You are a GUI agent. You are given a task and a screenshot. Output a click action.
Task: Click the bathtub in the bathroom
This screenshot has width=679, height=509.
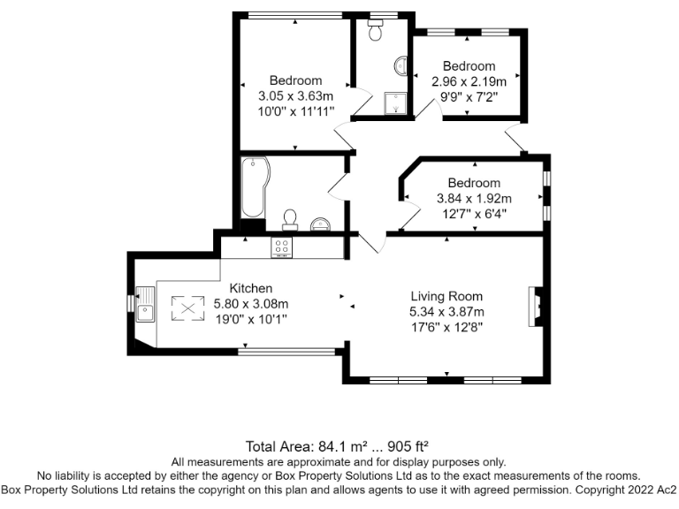(253, 187)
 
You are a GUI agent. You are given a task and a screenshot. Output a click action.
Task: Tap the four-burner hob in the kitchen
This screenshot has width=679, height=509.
(283, 248)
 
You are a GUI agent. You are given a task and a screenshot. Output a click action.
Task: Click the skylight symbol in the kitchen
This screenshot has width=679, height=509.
(187, 308)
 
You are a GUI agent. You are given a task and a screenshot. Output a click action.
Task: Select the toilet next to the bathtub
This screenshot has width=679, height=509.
(289, 219)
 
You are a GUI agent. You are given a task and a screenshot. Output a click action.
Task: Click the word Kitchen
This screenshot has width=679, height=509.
(251, 288)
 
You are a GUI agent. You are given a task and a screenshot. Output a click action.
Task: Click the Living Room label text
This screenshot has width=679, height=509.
(446, 296)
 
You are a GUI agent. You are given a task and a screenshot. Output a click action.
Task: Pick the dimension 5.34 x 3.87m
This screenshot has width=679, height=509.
(446, 312)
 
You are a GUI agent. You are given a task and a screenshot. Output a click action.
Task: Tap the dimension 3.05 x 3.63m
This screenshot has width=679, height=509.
(295, 96)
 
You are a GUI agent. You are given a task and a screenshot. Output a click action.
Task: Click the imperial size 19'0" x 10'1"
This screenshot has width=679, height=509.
(251, 318)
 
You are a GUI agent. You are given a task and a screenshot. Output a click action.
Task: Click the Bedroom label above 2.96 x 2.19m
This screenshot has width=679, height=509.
(469, 66)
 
